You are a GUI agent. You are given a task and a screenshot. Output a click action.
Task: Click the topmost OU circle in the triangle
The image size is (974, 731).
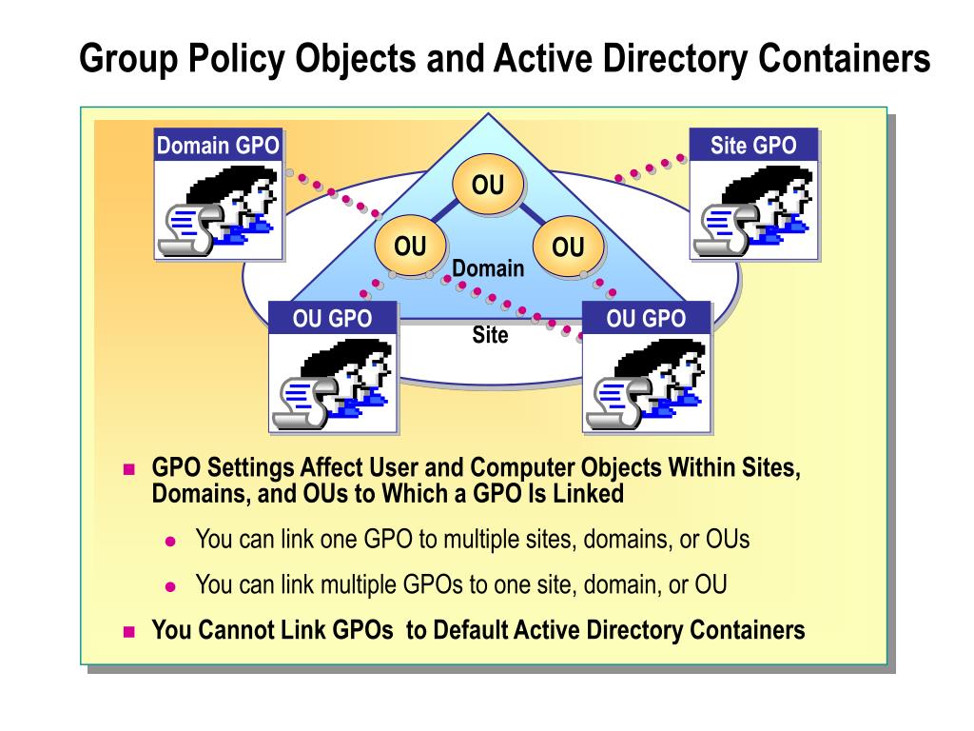point(488,185)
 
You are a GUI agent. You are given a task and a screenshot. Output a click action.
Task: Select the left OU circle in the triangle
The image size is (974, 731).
point(411,247)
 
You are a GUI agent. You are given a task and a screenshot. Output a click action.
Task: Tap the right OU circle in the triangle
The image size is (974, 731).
point(568,248)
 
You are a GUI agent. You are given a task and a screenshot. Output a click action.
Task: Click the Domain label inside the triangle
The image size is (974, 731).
point(488,269)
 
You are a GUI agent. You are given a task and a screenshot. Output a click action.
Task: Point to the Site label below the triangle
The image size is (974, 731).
point(490,336)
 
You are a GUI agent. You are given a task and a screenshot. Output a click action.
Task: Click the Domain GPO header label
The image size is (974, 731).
point(219,146)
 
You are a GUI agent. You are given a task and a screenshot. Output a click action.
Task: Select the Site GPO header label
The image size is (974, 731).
point(753,146)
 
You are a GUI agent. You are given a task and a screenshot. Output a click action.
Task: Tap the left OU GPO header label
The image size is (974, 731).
point(332,319)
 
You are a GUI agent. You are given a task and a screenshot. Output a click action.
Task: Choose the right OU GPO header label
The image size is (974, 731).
point(646,319)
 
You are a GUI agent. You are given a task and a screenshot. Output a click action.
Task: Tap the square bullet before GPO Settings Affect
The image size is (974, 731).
point(131,469)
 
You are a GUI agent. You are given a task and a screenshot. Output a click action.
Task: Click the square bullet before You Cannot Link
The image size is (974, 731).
point(131,631)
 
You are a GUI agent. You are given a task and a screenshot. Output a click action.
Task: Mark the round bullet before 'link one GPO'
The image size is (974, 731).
point(171,541)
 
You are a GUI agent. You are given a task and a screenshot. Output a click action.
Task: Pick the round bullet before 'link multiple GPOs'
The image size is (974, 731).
point(171,585)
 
